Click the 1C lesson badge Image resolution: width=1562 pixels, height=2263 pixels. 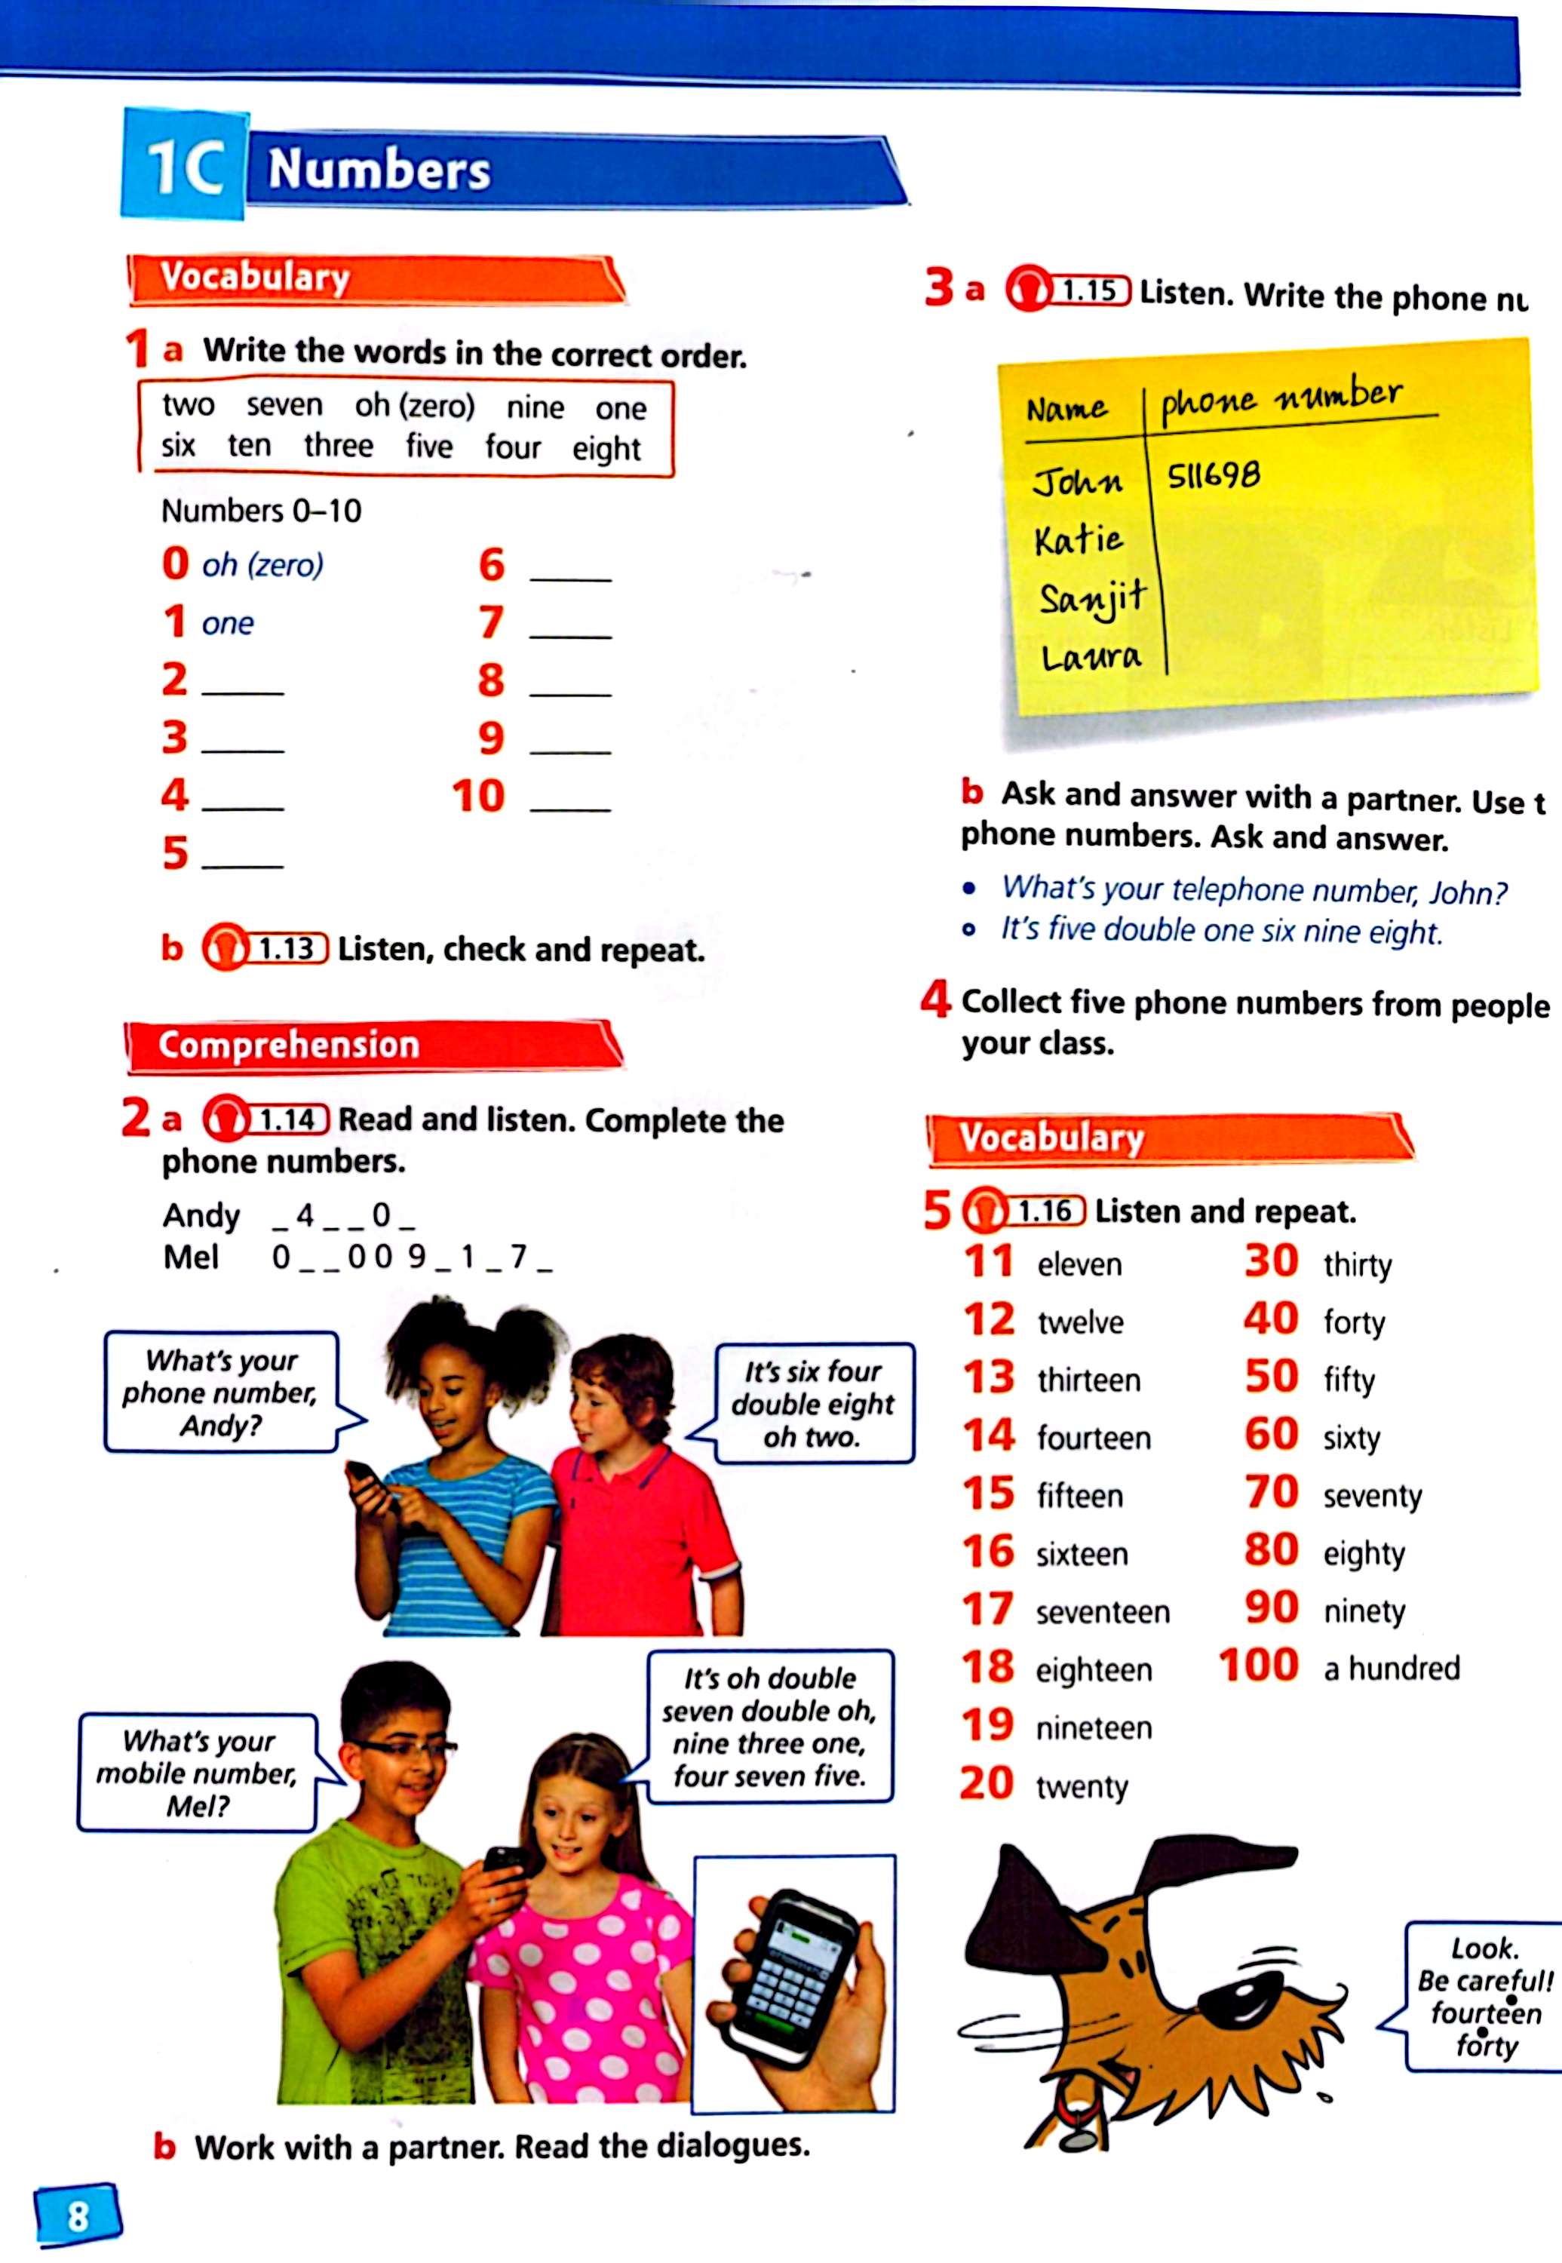[183, 164]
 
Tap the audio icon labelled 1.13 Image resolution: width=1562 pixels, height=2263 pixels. [224, 948]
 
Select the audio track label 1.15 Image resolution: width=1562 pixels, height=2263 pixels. [1088, 290]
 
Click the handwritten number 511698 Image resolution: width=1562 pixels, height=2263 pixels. [1214, 476]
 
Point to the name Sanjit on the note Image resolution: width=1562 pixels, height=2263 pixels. [1091, 597]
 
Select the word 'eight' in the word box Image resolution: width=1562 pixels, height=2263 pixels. [606, 448]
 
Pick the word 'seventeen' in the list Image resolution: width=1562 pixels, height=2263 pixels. [1102, 1611]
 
